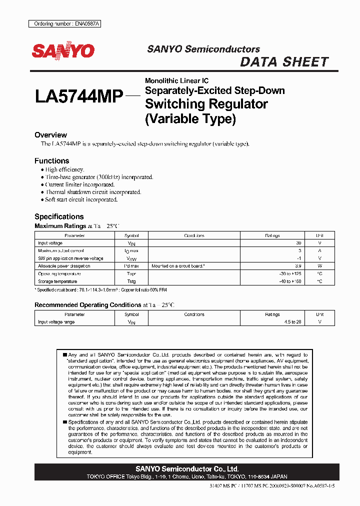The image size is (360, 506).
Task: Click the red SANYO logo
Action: coord(63,51)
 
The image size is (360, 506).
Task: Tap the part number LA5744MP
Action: coord(79,96)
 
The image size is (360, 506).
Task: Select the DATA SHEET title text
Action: coord(284,62)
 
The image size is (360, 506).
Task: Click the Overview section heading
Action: coord(50,135)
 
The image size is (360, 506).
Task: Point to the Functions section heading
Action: coord(51,161)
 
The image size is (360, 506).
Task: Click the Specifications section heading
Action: coord(58,216)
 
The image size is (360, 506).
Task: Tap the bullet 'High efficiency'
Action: coord(64,170)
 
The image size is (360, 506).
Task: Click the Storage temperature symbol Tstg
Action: coord(131,281)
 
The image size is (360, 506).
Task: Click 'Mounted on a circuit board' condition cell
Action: coord(178,266)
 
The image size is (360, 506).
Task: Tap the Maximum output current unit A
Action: coord(319,250)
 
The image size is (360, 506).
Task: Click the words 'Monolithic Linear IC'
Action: coord(176,81)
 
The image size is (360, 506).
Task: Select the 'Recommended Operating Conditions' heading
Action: coord(87,305)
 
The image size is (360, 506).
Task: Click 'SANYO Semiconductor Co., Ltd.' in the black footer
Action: coord(187,468)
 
